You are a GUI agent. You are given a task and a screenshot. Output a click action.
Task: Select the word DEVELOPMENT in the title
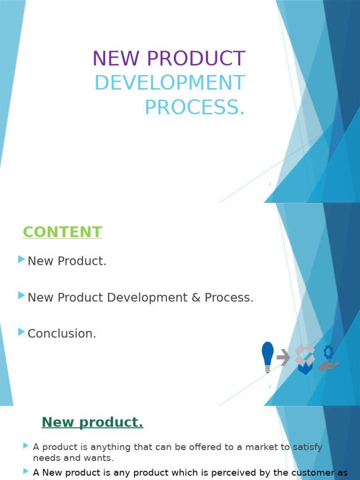click(170, 83)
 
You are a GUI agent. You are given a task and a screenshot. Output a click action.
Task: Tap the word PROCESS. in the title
click(195, 107)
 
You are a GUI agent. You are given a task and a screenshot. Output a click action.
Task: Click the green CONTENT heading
click(62, 232)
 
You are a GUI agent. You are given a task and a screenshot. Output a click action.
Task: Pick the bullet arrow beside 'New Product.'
click(21, 259)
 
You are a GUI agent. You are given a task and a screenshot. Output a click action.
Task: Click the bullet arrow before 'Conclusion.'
click(21, 332)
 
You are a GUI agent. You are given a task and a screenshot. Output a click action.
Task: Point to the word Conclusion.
click(62, 334)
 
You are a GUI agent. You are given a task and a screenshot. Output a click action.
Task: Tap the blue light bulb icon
click(268, 357)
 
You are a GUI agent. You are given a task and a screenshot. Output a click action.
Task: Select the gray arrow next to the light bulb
click(283, 358)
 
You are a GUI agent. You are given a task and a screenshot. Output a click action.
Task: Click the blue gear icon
click(329, 352)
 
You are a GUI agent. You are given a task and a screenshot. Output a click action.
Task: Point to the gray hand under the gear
click(328, 366)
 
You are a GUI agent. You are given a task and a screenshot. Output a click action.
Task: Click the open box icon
click(305, 359)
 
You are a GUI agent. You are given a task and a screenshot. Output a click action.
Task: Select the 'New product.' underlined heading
click(92, 422)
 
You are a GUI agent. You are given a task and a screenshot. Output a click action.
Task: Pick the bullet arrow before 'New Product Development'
click(21, 295)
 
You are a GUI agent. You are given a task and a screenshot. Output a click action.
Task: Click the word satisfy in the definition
click(307, 447)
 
